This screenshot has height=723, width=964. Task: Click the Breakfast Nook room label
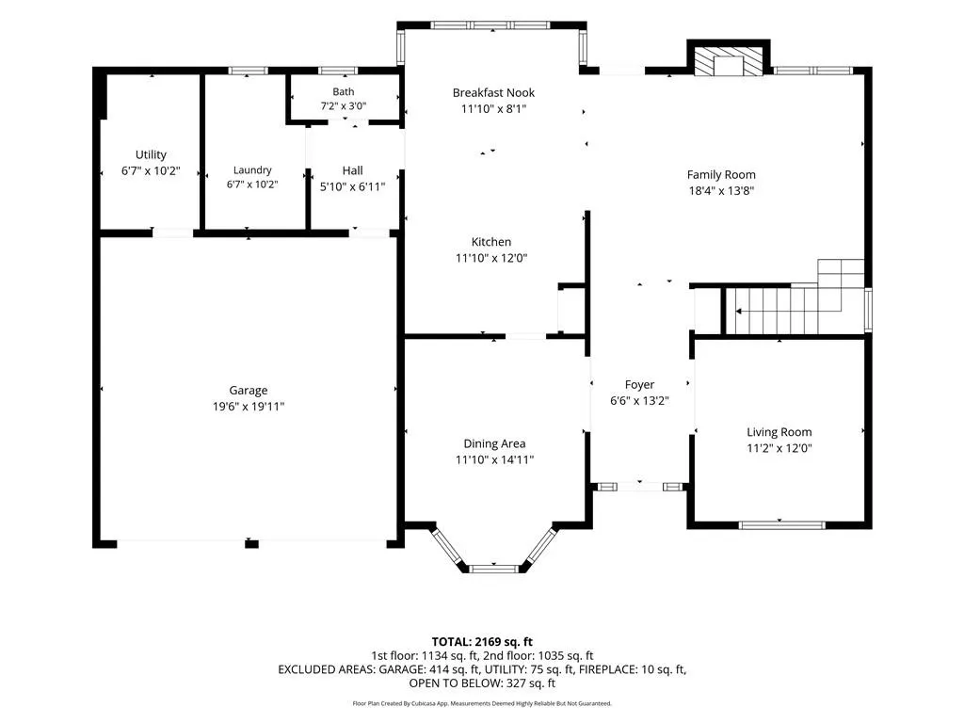[493, 93]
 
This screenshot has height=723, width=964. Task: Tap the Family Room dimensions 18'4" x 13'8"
[721, 190]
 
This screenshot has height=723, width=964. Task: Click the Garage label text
[249, 391]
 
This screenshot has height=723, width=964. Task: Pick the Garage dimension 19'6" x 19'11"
[249, 407]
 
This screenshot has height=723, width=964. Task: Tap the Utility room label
[151, 155]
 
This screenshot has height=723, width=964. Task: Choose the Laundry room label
[252, 170]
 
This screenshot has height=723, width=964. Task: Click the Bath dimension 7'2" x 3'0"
[343, 105]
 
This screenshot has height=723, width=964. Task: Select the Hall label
[352, 170]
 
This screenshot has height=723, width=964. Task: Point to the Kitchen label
[491, 242]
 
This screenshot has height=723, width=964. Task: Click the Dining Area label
[494, 444]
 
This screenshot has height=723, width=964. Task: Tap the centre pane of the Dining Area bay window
[494, 569]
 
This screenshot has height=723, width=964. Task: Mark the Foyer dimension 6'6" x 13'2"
[639, 401]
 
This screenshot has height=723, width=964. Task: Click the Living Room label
[779, 432]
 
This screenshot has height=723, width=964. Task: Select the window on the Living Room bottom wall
[781, 525]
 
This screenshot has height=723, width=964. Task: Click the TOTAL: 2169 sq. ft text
[482, 642]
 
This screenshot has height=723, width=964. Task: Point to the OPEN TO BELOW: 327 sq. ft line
[482, 683]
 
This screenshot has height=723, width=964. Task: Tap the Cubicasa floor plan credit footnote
[482, 703]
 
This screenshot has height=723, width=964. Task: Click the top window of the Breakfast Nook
[490, 25]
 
